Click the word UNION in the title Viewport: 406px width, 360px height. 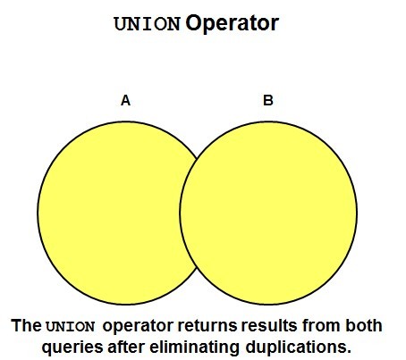[x=148, y=24]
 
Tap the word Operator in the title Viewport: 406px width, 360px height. [x=233, y=23]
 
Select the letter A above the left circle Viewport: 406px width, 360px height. [x=125, y=100]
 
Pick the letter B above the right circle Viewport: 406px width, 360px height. [x=268, y=100]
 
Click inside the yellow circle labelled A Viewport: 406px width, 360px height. [x=114, y=213]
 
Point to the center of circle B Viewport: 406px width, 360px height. [x=268, y=213]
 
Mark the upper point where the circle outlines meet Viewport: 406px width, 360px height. [x=197, y=158]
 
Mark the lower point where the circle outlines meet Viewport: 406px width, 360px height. [x=197, y=268]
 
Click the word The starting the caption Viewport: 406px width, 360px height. [x=26, y=325]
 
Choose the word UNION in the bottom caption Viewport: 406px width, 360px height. [x=71, y=326]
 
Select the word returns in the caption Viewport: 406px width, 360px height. [x=207, y=326]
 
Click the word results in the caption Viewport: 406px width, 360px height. [x=269, y=325]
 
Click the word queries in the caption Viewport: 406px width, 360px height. [x=72, y=347]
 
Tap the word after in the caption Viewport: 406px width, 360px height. [x=127, y=347]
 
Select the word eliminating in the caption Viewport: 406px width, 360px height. [x=194, y=347]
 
